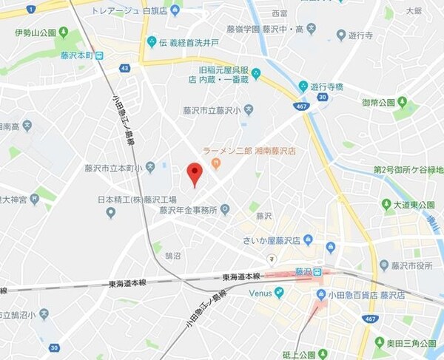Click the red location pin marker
click(194, 173)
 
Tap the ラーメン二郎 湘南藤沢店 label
click(249, 150)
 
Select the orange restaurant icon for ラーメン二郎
click(216, 163)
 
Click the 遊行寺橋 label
click(326, 86)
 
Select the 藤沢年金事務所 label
click(189, 209)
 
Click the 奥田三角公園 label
click(414, 342)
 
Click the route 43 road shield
click(124, 68)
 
